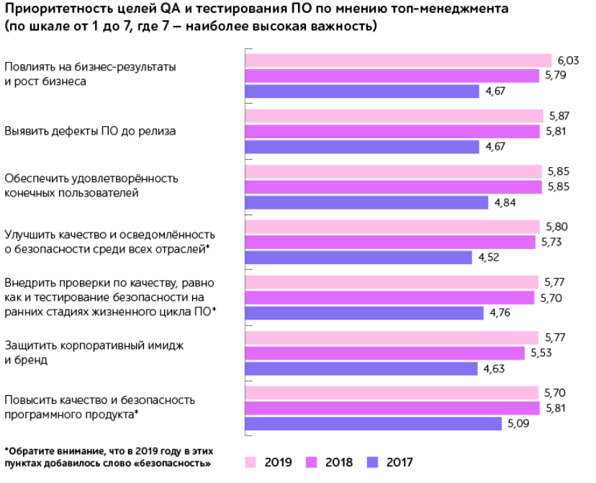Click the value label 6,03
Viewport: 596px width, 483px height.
(566, 60)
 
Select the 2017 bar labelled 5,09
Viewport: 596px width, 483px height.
(374, 423)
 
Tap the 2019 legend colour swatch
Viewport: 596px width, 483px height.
(252, 461)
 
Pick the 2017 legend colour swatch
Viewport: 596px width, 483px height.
(374, 461)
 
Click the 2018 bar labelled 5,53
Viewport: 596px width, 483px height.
(385, 353)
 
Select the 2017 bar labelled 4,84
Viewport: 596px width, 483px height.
(366, 202)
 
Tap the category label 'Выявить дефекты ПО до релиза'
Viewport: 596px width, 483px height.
(90, 132)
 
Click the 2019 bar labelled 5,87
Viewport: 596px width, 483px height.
(394, 116)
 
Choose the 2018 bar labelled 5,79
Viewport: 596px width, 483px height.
(392, 75)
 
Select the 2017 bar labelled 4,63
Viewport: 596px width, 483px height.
(361, 369)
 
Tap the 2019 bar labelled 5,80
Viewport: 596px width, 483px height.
(393, 227)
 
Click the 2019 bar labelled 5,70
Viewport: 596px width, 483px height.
(392, 392)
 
